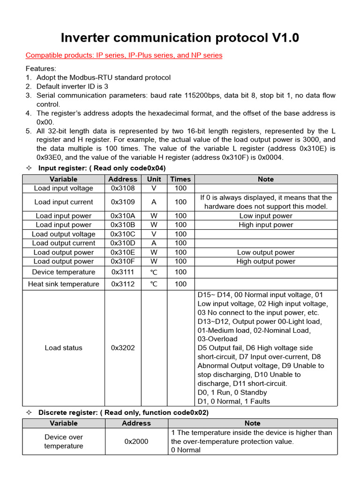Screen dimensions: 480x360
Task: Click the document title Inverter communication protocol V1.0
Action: pyautogui.click(x=180, y=37)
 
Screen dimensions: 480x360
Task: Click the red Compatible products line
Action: pyautogui.click(x=124, y=55)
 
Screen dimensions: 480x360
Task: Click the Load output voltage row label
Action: pyautogui.click(x=64, y=234)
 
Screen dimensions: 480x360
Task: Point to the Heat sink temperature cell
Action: pyautogui.click(x=64, y=284)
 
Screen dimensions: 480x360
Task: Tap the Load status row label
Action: pyautogui.click(x=64, y=348)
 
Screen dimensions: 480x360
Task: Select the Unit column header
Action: pyautogui.click(x=154, y=179)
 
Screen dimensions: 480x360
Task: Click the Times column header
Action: pyautogui.click(x=180, y=179)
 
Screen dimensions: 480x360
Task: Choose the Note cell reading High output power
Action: pyautogui.click(x=266, y=262)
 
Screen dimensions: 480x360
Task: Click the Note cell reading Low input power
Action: pyautogui.click(x=266, y=216)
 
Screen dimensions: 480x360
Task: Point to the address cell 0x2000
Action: pyautogui.click(x=136, y=442)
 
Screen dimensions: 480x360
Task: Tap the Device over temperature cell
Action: pyautogui.click(x=64, y=442)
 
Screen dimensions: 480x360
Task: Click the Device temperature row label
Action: pyautogui.click(x=64, y=272)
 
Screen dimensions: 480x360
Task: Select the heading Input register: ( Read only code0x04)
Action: pyautogui.click(x=102, y=168)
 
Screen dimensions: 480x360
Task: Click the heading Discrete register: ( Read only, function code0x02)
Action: pyautogui.click(x=123, y=412)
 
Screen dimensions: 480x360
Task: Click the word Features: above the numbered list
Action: pyautogui.click(x=41, y=68)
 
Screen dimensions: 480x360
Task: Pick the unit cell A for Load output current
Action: pyautogui.click(x=154, y=243)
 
